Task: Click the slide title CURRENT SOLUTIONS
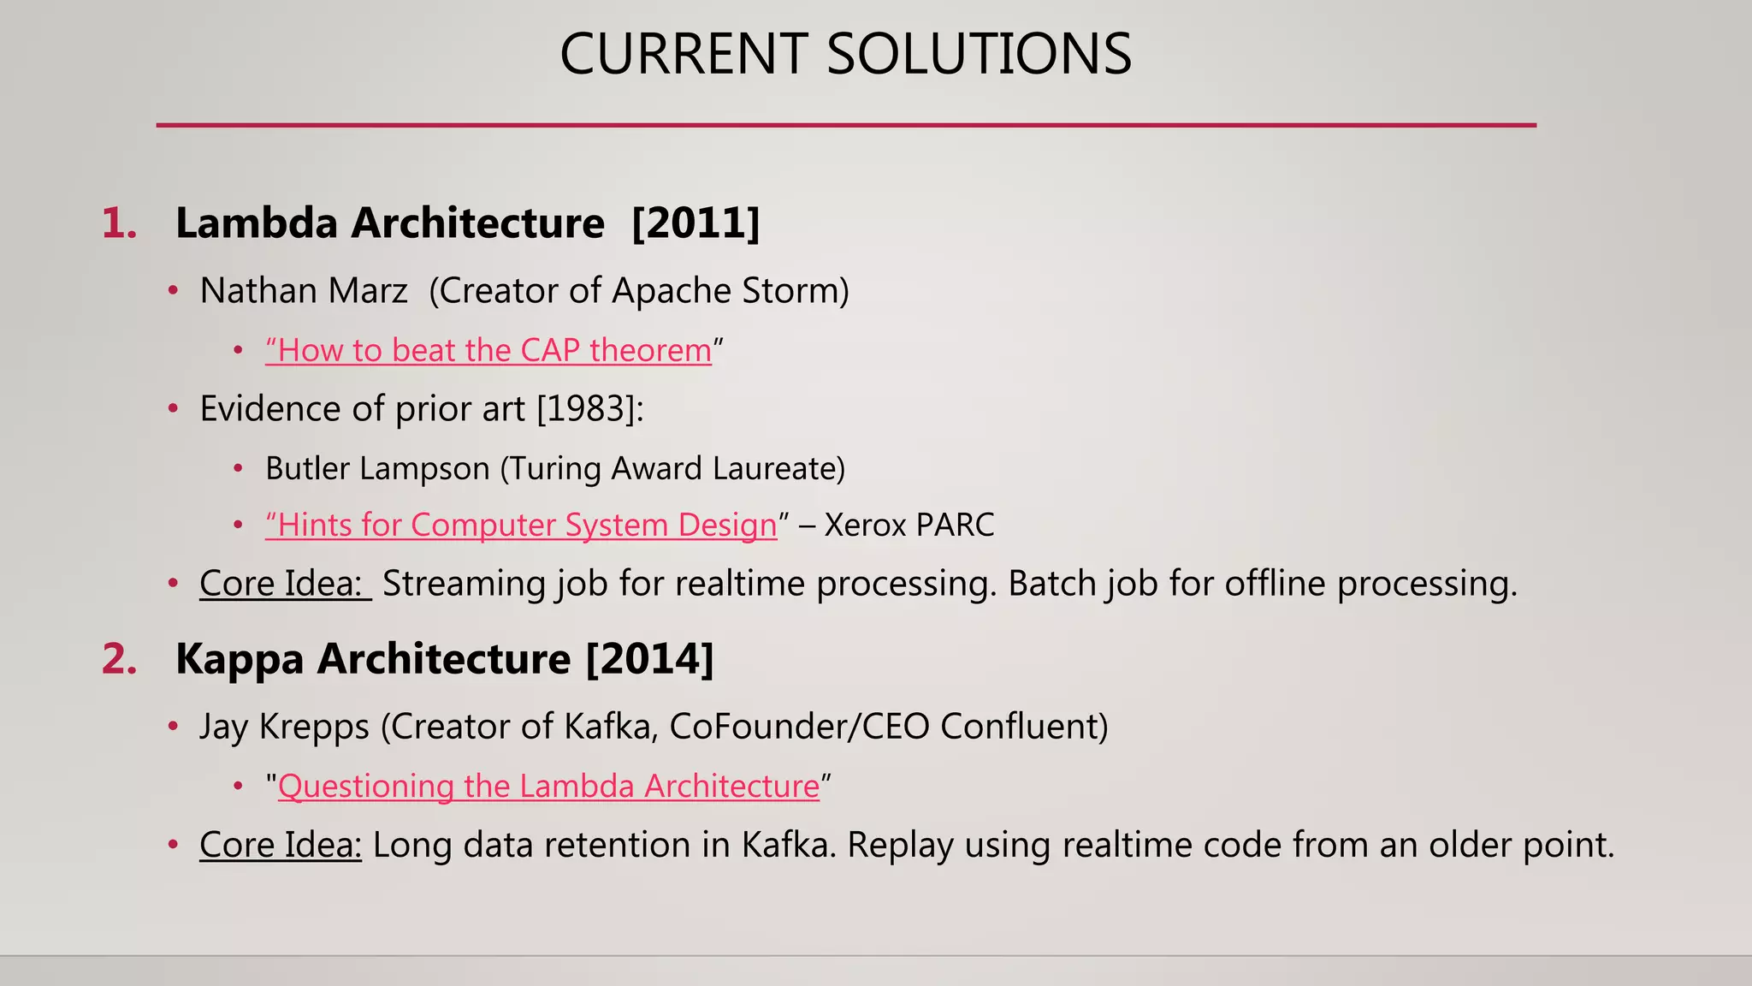tap(845, 54)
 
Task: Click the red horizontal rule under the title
tap(845, 125)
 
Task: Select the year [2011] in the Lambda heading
tap(695, 223)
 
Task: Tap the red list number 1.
tap(119, 224)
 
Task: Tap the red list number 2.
tap(119, 660)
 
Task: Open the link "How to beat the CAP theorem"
tap(488, 351)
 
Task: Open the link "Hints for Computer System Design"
tap(521, 526)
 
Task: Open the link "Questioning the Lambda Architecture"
tap(548, 787)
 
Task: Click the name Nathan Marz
tap(304, 291)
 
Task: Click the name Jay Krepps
tap(284, 727)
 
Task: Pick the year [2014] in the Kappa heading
tap(649, 659)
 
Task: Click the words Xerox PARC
tap(909, 526)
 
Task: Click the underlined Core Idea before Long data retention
tap(281, 845)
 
